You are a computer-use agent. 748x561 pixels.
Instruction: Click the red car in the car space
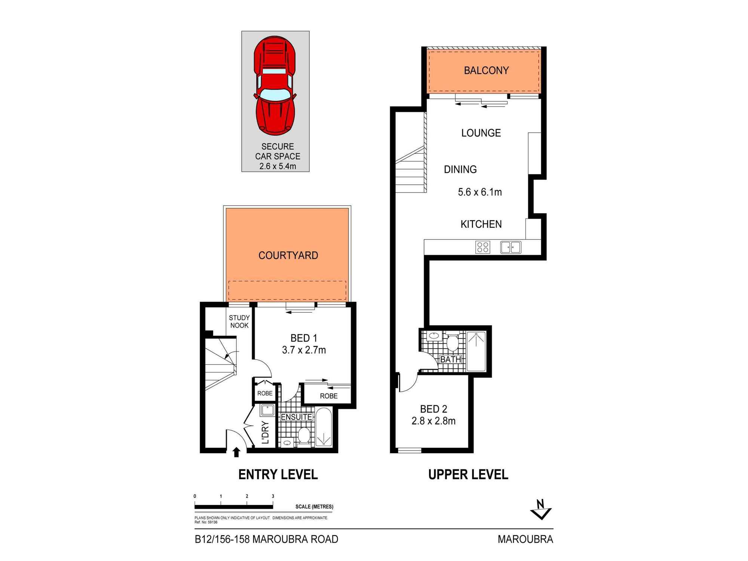tap(275, 86)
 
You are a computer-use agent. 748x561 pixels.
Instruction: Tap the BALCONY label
tap(486, 70)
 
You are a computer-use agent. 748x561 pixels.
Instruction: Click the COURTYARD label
tap(288, 255)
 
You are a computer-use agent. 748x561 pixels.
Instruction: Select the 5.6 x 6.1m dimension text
tap(480, 192)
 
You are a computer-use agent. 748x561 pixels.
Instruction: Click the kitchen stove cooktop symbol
tap(482, 247)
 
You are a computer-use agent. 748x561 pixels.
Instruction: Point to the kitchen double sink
tap(511, 247)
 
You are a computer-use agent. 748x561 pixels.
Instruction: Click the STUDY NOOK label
tap(239, 322)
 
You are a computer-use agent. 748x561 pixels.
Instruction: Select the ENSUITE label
tap(296, 417)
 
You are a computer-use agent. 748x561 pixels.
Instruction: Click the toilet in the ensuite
tap(304, 435)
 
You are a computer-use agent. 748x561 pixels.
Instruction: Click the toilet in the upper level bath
tap(453, 342)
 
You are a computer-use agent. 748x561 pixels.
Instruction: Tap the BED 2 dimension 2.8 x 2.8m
tap(433, 421)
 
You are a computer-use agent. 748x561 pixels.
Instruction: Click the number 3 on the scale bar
tap(273, 496)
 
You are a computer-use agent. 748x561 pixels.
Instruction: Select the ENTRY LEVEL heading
tap(278, 475)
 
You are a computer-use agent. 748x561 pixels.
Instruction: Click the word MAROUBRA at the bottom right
tap(525, 539)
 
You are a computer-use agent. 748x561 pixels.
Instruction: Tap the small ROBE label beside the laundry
tap(265, 393)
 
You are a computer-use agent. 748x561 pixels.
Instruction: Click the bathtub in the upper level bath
tap(476, 351)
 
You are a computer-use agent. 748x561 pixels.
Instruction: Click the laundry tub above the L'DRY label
tap(267, 410)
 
